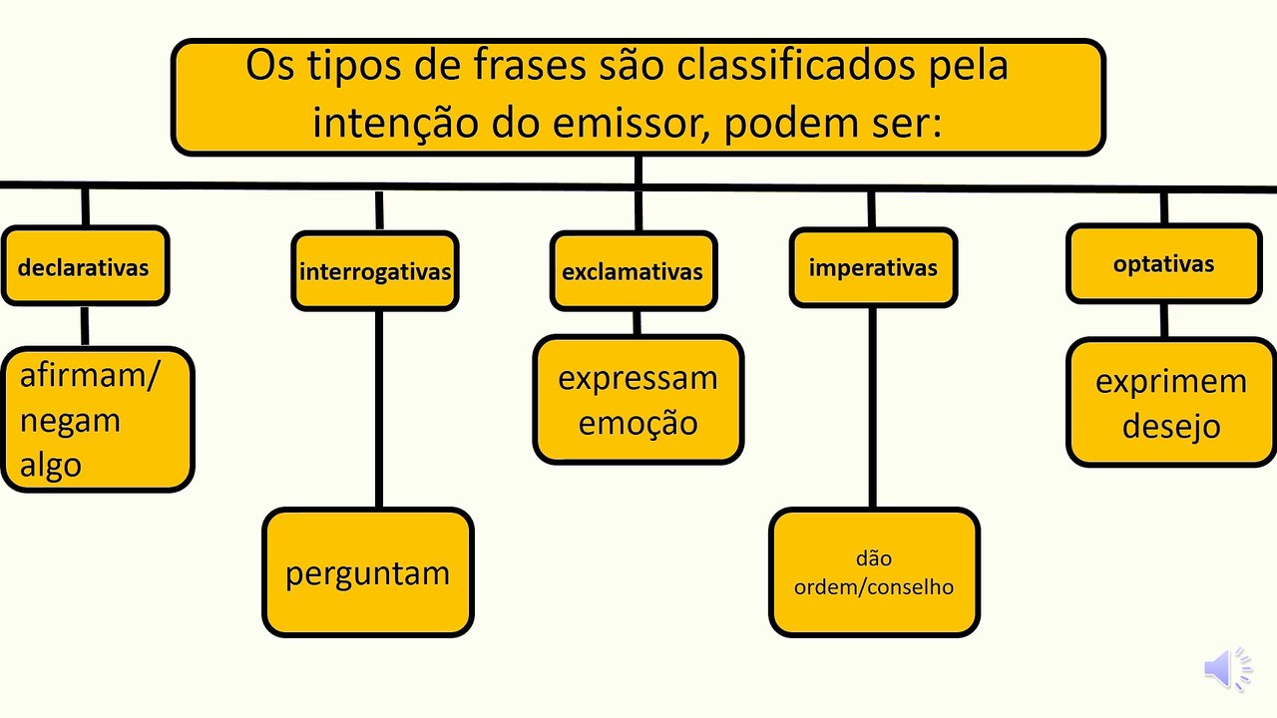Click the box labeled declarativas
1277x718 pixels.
[85, 265]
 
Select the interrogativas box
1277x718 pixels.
[375, 270]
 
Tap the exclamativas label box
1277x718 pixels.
[634, 270]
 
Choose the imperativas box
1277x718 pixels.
[873, 267]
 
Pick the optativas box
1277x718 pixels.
[1164, 263]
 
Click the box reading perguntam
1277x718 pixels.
[368, 572]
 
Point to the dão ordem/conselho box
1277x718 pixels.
[875, 572]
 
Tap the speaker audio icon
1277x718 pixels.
[1227, 669]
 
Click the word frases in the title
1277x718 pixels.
[530, 65]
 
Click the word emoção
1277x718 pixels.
[638, 424]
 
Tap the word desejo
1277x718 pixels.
[1171, 426]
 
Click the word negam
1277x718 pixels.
[70, 422]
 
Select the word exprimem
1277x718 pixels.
[1171, 382]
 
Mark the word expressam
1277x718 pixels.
[638, 378]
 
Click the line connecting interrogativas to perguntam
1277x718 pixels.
[379, 409]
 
